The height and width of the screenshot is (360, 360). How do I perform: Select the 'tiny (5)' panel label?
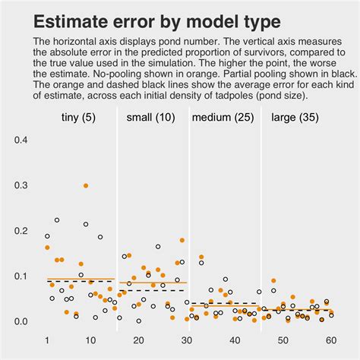79,118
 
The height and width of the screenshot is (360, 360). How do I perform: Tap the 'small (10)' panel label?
151,118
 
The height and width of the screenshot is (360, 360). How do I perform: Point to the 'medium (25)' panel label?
224,118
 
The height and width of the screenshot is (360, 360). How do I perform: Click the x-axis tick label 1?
47,341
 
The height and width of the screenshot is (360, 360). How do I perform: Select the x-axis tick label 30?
187,341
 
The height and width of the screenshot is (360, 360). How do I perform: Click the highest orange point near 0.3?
86,185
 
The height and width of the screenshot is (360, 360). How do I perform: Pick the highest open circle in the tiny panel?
57,220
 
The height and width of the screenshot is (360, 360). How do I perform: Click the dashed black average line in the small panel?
152,290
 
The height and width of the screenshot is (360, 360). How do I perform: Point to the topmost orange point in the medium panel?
201,257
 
